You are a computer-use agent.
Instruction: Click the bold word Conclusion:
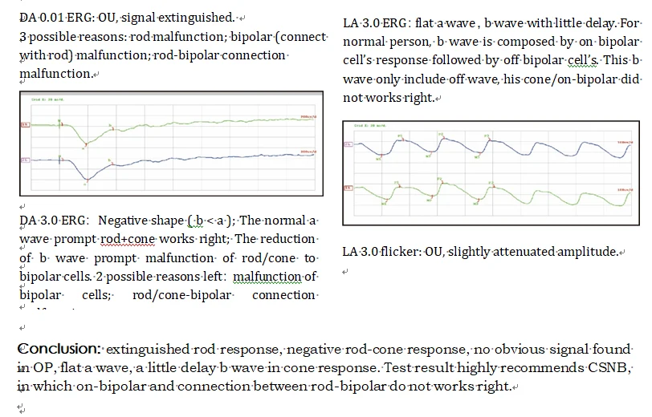pos(59,350)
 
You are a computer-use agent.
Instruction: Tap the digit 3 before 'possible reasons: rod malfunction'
pos(22,37)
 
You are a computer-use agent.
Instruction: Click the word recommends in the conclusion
pos(560,368)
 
